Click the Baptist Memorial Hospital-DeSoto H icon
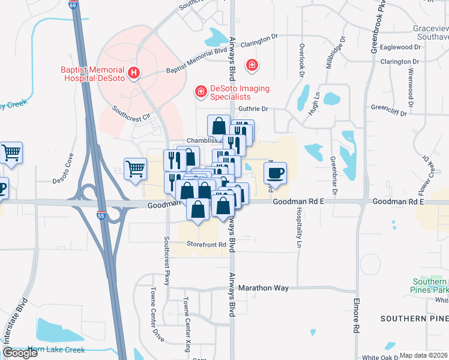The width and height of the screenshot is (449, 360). click(134, 74)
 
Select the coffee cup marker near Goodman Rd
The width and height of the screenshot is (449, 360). click(275, 174)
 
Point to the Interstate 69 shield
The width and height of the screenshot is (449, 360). click(73, 5)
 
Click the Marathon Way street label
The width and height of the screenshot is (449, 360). click(264, 288)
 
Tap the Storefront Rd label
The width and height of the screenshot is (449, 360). click(205, 245)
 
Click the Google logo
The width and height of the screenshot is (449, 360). click(20, 353)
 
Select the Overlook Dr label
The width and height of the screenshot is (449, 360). click(302, 55)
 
